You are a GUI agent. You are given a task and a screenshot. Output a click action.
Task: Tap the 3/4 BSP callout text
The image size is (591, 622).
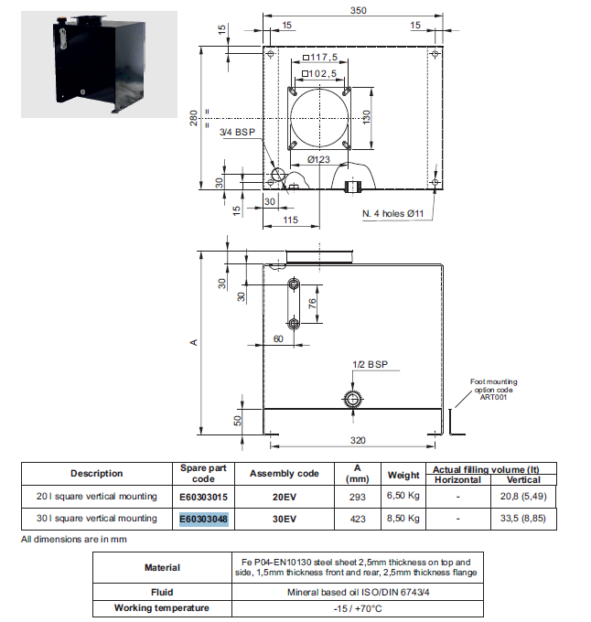(x=238, y=133)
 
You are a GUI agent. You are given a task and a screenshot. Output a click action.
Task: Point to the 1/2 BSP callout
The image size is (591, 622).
(x=370, y=364)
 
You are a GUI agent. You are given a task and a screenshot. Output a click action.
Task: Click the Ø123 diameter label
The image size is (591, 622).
(x=318, y=158)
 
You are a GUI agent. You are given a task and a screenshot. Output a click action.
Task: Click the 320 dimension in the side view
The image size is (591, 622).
(x=359, y=440)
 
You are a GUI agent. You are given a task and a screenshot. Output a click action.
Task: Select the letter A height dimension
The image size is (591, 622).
(x=194, y=342)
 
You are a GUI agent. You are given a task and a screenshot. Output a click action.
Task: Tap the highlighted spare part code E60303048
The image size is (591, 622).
(x=203, y=519)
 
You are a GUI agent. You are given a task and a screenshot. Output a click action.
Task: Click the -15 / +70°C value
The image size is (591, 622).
(x=357, y=607)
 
